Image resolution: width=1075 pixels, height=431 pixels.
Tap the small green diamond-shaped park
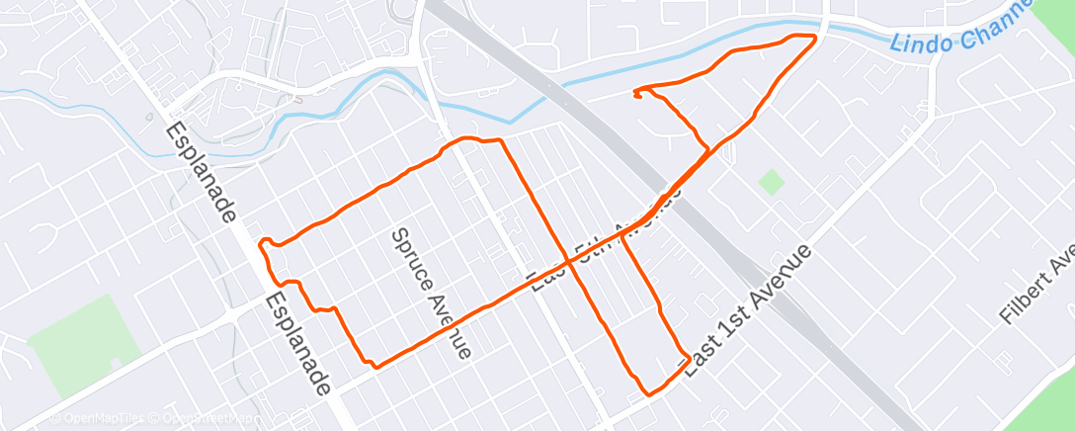point(771,182)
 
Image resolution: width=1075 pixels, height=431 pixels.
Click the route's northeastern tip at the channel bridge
point(814,37)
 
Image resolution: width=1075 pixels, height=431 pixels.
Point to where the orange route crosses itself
point(570,262)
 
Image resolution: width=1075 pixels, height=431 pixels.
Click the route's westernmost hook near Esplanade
point(262,242)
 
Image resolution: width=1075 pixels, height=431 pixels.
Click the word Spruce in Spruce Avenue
point(409,256)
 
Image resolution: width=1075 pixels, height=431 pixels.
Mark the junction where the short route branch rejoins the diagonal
point(707,149)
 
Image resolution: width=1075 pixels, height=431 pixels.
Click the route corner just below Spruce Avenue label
point(375,364)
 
